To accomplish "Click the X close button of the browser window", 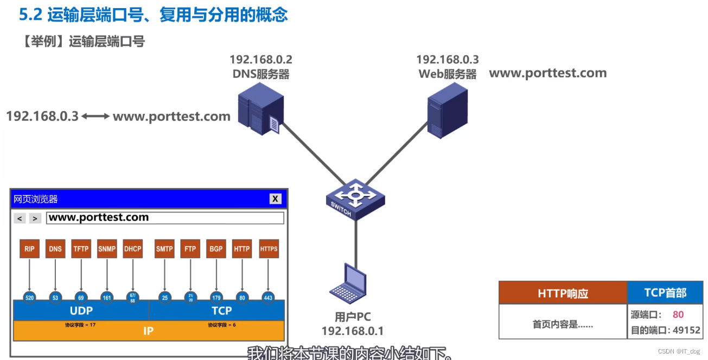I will coord(276,199).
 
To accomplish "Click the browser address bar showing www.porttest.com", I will coord(165,218).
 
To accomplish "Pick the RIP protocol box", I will coord(29,249).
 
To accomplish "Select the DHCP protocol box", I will coord(133,249).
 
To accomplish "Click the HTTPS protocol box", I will coord(269,249).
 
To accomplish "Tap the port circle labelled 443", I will coord(268,297).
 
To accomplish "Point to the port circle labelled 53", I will coord(55,297).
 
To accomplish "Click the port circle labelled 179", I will coord(216,297).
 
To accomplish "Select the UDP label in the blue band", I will coord(81,311).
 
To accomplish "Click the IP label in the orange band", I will coord(148,330).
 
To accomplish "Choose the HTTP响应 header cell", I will coord(563,293).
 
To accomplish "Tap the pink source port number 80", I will coord(678,314).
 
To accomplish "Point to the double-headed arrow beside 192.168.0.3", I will coord(95,116).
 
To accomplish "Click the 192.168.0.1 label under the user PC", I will coord(352,331).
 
